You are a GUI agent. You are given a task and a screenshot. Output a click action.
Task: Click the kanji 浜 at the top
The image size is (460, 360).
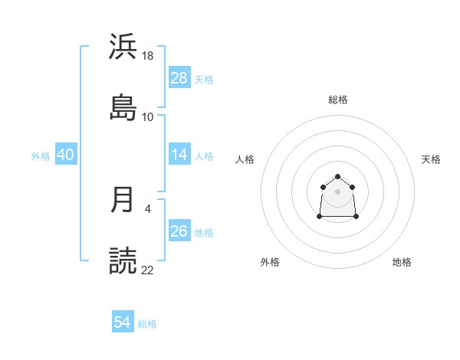coord(123,46)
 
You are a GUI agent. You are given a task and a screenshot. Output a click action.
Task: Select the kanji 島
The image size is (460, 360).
coord(123,107)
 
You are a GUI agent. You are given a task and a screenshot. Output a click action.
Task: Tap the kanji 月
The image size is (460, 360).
coord(123,199)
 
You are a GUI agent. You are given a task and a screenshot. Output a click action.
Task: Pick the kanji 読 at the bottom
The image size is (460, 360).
coord(123,260)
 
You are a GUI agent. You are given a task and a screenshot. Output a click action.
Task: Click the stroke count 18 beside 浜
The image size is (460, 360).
coord(148,55)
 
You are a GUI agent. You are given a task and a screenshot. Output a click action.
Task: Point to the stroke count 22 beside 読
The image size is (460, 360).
coord(148,270)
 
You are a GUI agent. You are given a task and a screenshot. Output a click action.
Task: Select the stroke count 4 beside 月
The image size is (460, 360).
coord(147,208)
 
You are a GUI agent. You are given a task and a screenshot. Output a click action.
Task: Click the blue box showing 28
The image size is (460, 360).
coord(179,78)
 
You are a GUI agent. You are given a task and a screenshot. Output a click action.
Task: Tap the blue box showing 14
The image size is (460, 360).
coord(179,155)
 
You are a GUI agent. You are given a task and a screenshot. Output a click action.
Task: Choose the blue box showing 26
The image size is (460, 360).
coord(179,231)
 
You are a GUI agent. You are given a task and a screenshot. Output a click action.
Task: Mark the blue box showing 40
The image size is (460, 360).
coord(65,155)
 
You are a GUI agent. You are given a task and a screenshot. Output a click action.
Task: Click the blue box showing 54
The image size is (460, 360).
coord(122,323)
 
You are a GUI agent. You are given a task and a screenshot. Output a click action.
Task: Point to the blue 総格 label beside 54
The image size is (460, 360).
coord(147,324)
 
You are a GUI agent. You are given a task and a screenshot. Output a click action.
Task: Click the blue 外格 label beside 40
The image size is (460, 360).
coord(41,155)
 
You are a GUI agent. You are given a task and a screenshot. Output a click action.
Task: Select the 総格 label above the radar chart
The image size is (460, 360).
coord(338,100)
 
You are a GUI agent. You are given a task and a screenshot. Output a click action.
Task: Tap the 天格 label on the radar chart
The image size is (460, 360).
coord(431,159)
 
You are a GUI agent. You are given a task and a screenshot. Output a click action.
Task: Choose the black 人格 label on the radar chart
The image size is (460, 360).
coord(245,159)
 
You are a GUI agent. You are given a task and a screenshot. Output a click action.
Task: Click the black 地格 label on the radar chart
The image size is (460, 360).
coord(402,262)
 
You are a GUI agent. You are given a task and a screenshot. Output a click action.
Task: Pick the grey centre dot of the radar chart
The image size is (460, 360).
coord(337,191)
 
